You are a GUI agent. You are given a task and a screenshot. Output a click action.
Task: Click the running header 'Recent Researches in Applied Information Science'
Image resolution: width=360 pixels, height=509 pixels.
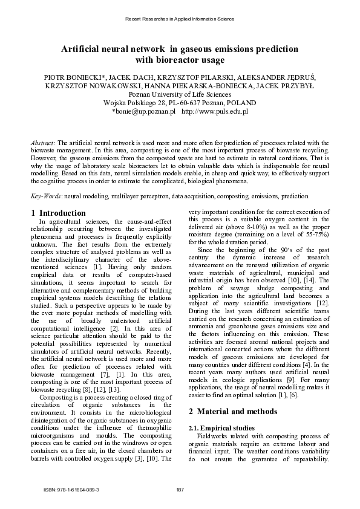pos(180,19)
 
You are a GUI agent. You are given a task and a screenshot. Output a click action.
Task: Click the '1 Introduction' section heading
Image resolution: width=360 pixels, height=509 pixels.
pos(58,213)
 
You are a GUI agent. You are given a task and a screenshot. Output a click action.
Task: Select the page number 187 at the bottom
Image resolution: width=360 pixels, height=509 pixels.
pos(180,488)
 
